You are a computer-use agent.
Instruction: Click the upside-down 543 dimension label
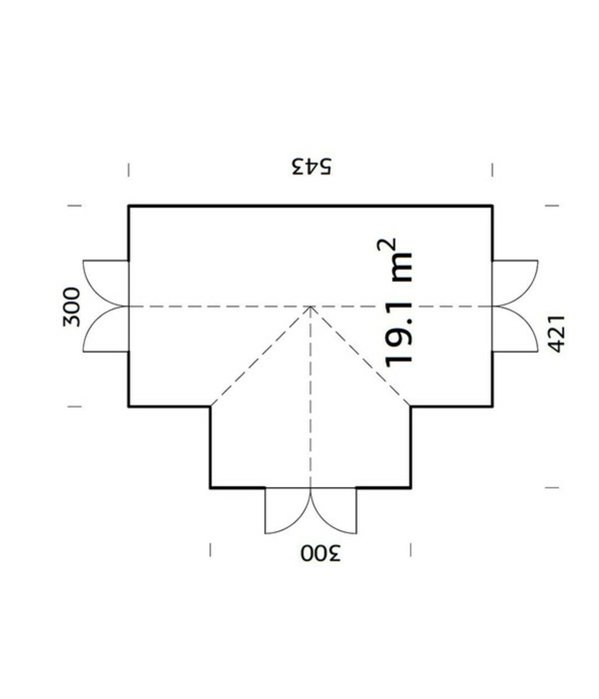(x=313, y=166)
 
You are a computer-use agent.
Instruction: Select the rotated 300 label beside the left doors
(x=72, y=307)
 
